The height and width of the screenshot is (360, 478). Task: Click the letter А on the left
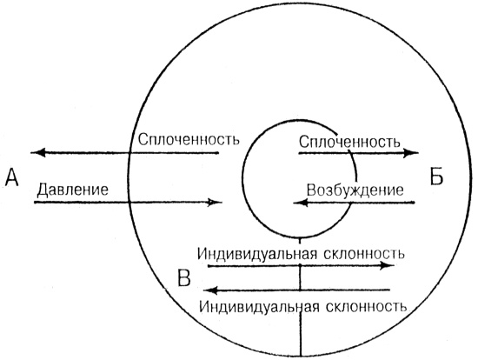tap(11, 177)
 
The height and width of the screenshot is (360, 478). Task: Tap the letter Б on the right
tap(437, 177)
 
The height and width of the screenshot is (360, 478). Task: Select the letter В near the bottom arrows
tap(185, 278)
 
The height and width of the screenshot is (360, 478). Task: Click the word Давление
tap(73, 188)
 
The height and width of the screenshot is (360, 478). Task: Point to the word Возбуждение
tap(355, 190)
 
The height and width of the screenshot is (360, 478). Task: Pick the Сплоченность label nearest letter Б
tap(349, 139)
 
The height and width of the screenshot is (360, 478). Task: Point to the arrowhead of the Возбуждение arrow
tap(298, 203)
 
